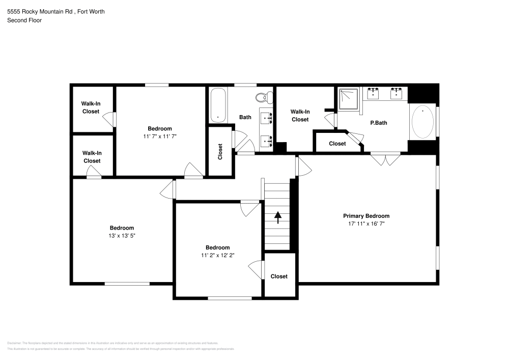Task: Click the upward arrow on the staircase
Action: [278, 217]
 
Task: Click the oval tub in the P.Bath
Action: [422, 121]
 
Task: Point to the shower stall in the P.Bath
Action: [349, 99]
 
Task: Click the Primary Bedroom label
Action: [366, 216]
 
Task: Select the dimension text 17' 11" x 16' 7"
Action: [366, 224]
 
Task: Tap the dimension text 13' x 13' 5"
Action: [122, 235]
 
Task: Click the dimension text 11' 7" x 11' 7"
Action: [160, 136]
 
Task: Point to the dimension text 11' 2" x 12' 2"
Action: [217, 255]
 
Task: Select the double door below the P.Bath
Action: [385, 159]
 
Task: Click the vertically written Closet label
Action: [220, 152]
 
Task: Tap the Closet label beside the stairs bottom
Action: [279, 276]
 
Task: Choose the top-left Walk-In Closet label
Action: [91, 107]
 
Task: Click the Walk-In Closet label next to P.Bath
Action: [300, 116]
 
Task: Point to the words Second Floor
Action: [24, 20]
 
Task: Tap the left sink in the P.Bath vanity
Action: [374, 93]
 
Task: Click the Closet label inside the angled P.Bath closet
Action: [337, 144]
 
